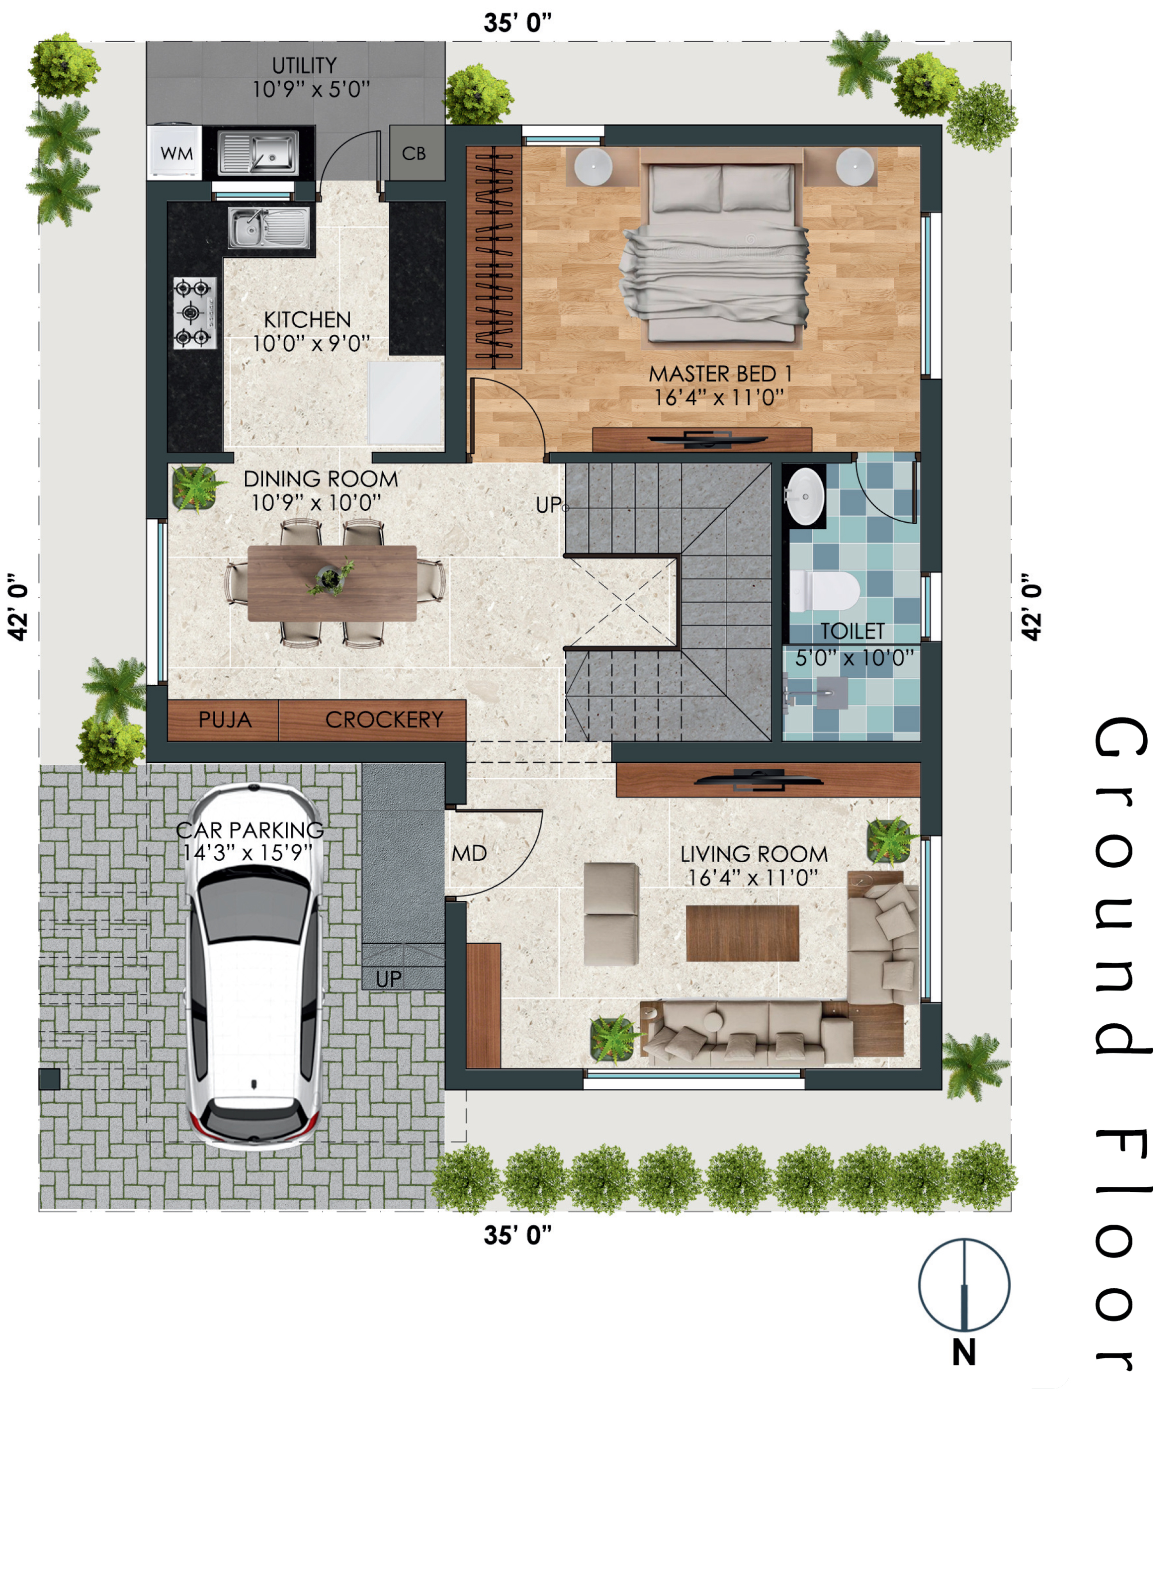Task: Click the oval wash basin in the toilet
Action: [805, 496]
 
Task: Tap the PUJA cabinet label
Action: [225, 719]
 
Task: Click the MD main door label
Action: [469, 853]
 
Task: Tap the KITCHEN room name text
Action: [308, 319]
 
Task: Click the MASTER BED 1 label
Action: [720, 374]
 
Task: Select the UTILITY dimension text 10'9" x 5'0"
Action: [311, 90]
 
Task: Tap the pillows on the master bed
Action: [721, 188]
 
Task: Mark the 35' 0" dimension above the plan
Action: [518, 23]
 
